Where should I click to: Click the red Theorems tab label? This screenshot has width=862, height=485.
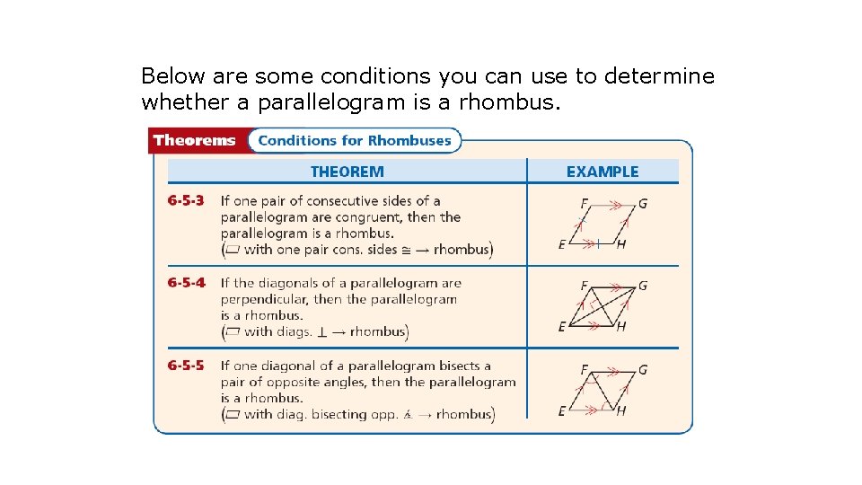click(194, 140)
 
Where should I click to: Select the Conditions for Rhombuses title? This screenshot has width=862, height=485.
click(355, 140)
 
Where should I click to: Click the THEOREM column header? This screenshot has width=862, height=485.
click(347, 172)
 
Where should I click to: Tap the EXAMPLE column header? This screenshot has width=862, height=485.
click(603, 172)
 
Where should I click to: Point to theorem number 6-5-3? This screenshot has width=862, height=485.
click(186, 201)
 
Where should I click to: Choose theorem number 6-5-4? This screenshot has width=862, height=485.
click(186, 283)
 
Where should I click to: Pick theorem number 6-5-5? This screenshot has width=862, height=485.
click(186, 366)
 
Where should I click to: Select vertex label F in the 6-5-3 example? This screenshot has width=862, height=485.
click(584, 204)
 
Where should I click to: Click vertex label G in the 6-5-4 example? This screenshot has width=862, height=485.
click(642, 286)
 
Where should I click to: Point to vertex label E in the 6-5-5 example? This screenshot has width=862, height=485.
click(561, 410)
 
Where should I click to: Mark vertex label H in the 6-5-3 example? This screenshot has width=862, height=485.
click(621, 245)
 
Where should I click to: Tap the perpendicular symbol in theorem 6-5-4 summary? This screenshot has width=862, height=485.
click(321, 332)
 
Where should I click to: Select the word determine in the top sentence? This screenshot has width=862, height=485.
click(659, 76)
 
